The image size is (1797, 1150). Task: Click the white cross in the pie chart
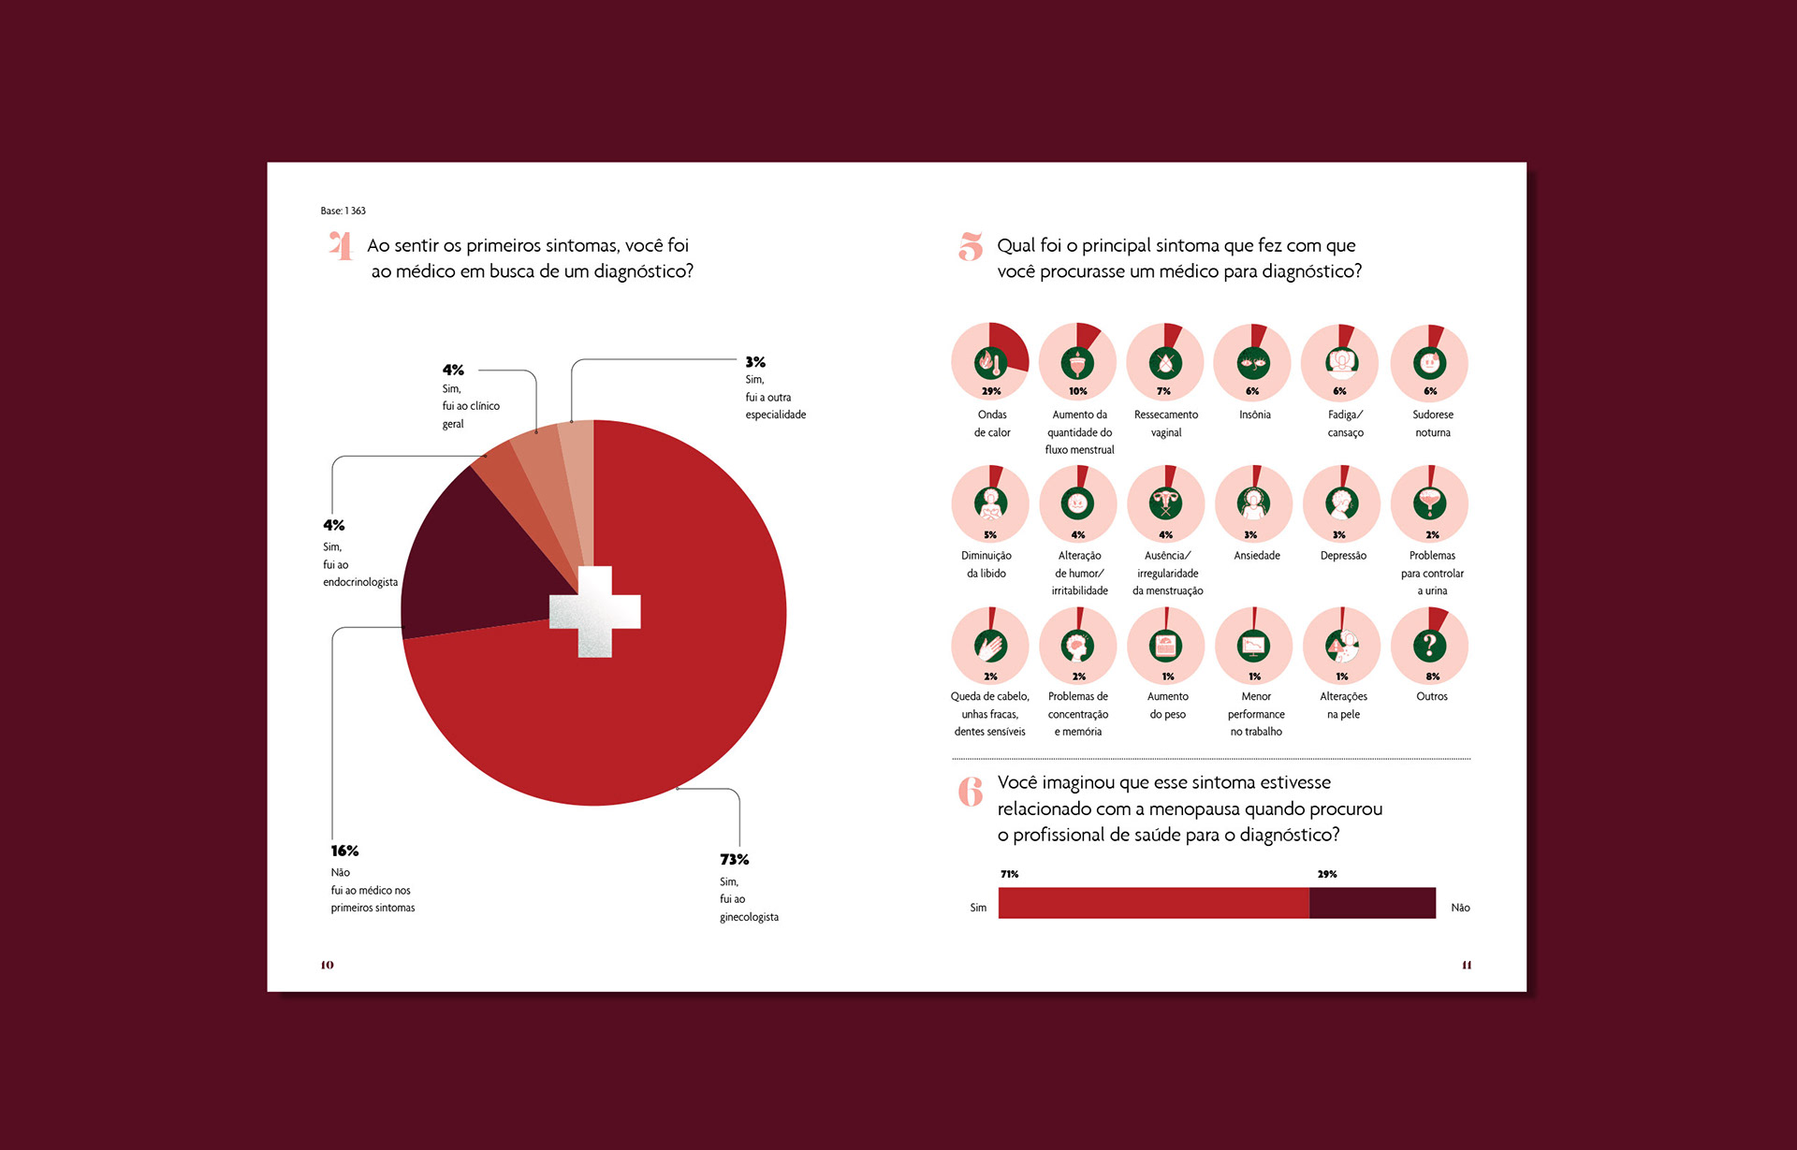594,611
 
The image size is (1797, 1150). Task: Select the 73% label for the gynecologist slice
734,859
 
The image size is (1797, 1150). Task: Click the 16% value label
344,851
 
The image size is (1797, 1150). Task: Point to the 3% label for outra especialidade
755,362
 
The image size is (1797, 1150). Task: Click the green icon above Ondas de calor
990,362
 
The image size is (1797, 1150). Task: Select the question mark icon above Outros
1429,645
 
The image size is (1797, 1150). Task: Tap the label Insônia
1254,415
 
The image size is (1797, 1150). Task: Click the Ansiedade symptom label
1256,556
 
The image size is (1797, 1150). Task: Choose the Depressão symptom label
1343,556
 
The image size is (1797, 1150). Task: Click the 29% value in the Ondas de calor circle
990,391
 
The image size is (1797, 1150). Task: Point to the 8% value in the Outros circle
1432,676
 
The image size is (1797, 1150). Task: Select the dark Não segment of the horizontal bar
1372,903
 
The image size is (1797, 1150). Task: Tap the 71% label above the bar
1009,874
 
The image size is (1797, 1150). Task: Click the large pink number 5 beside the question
971,247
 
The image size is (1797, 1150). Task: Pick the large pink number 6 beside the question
971,792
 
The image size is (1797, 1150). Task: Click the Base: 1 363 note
343,211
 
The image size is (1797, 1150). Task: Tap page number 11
1467,965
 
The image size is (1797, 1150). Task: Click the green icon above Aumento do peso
1166,645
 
